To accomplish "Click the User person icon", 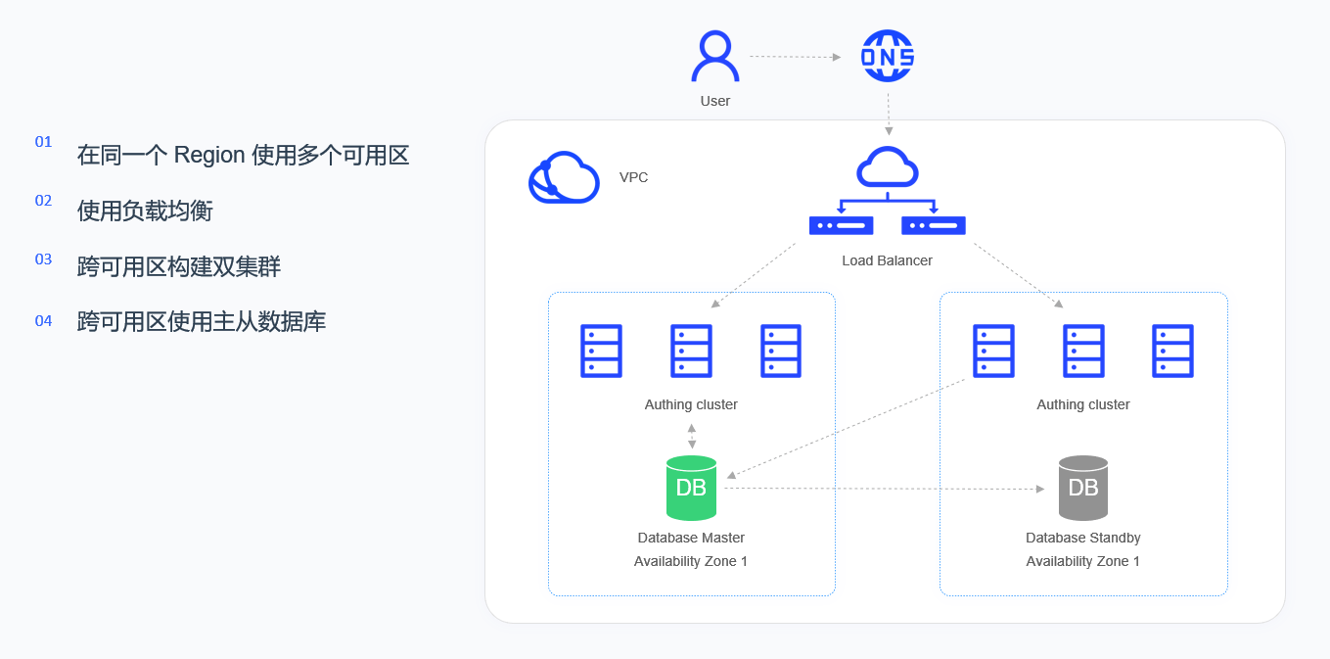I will click(x=715, y=57).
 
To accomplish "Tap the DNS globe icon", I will click(x=888, y=57).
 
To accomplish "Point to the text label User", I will click(x=715, y=101).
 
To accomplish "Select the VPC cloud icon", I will click(x=564, y=177).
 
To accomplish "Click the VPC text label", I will click(x=633, y=177).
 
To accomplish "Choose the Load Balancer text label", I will click(x=887, y=260).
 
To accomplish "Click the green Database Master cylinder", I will click(x=691, y=488).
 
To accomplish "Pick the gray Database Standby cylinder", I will click(x=1083, y=488).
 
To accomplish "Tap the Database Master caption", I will click(x=691, y=538).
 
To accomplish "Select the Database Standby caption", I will click(x=1083, y=538).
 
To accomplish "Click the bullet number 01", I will click(x=43, y=142).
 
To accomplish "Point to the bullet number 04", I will click(x=43, y=320).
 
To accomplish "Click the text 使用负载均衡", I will click(x=145, y=211).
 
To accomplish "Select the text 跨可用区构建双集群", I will click(x=179, y=266).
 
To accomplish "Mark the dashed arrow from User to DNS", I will click(x=795, y=57).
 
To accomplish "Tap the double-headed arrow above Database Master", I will click(x=692, y=436).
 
